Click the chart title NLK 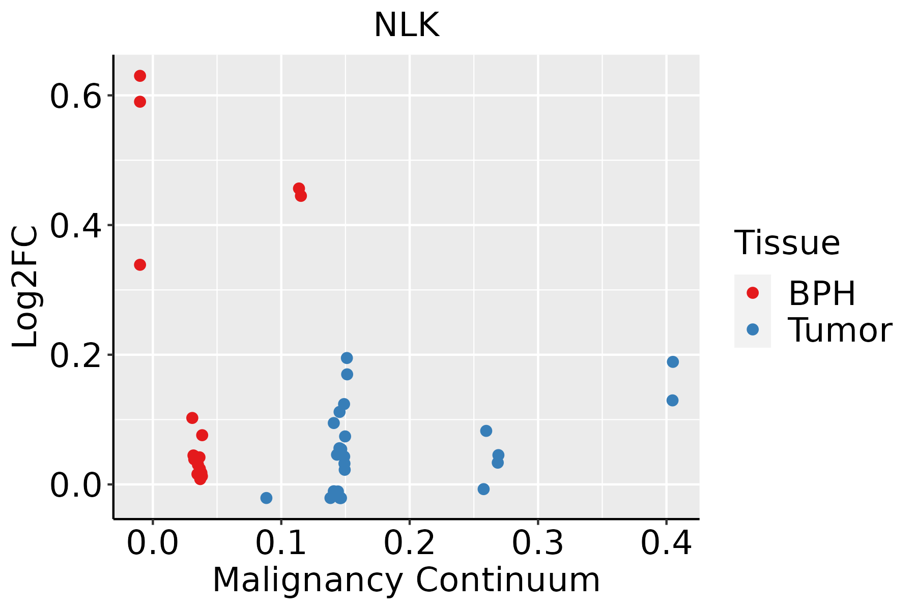pos(406,25)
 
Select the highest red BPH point pos(140,76)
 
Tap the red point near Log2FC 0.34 pos(140,265)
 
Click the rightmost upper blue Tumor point pos(673,362)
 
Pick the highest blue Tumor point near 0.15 pos(347,358)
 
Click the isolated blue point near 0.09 pos(266,498)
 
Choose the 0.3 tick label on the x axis pos(537,543)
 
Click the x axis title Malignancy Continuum pos(406,579)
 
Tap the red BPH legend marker pos(752,293)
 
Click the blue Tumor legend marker pos(752,329)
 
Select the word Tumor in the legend pos(840,330)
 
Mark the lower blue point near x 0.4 pos(672,401)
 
